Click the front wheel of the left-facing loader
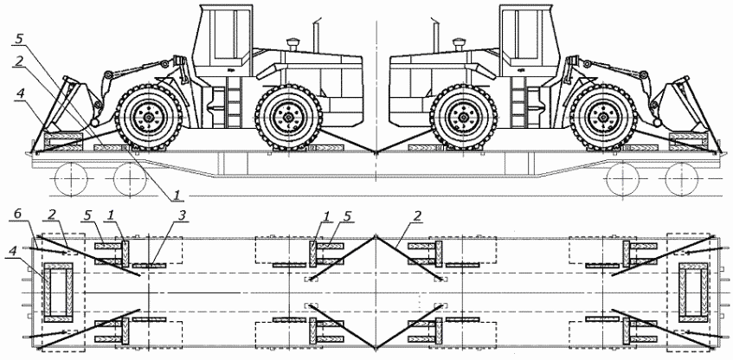pos(149,117)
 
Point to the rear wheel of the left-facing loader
pos(289,117)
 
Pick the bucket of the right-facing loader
pos(677,106)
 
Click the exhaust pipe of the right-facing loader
pos(435,35)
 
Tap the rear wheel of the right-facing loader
pos(463,117)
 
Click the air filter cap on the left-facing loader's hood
pos(294,44)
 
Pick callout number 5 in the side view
pos(19,39)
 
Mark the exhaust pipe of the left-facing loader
pos(317,35)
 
